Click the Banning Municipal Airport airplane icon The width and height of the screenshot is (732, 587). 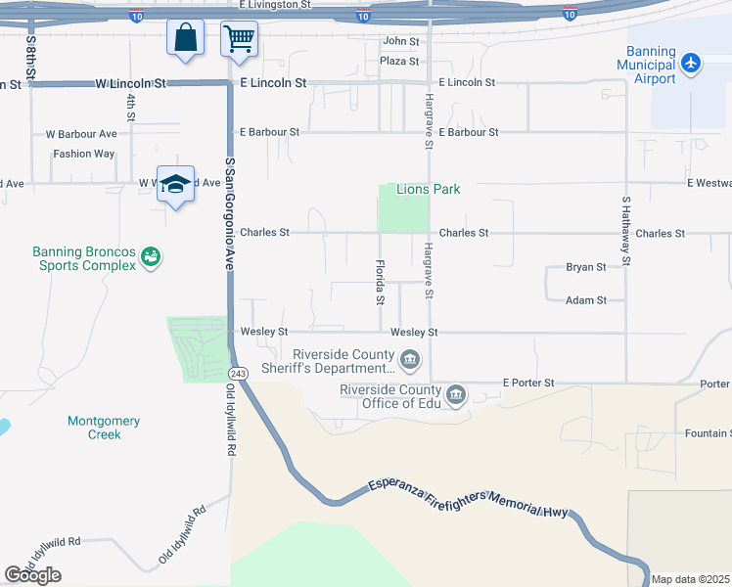click(692, 64)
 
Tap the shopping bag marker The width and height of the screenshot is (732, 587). click(185, 39)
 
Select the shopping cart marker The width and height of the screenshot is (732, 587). click(239, 40)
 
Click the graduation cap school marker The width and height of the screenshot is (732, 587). click(175, 184)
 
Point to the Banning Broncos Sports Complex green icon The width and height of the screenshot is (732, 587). click(151, 256)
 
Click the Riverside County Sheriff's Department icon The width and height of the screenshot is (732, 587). click(410, 361)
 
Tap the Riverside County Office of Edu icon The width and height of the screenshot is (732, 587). click(456, 395)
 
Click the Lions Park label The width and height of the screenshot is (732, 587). click(428, 189)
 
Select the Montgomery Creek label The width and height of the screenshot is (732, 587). click(104, 428)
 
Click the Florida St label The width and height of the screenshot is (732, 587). click(380, 281)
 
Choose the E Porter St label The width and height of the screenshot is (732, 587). click(528, 383)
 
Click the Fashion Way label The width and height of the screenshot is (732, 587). click(83, 154)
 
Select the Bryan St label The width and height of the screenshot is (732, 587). click(586, 267)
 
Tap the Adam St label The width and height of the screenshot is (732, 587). click(586, 300)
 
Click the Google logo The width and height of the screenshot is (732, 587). click(32, 575)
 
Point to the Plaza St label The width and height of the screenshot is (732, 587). click(400, 61)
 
